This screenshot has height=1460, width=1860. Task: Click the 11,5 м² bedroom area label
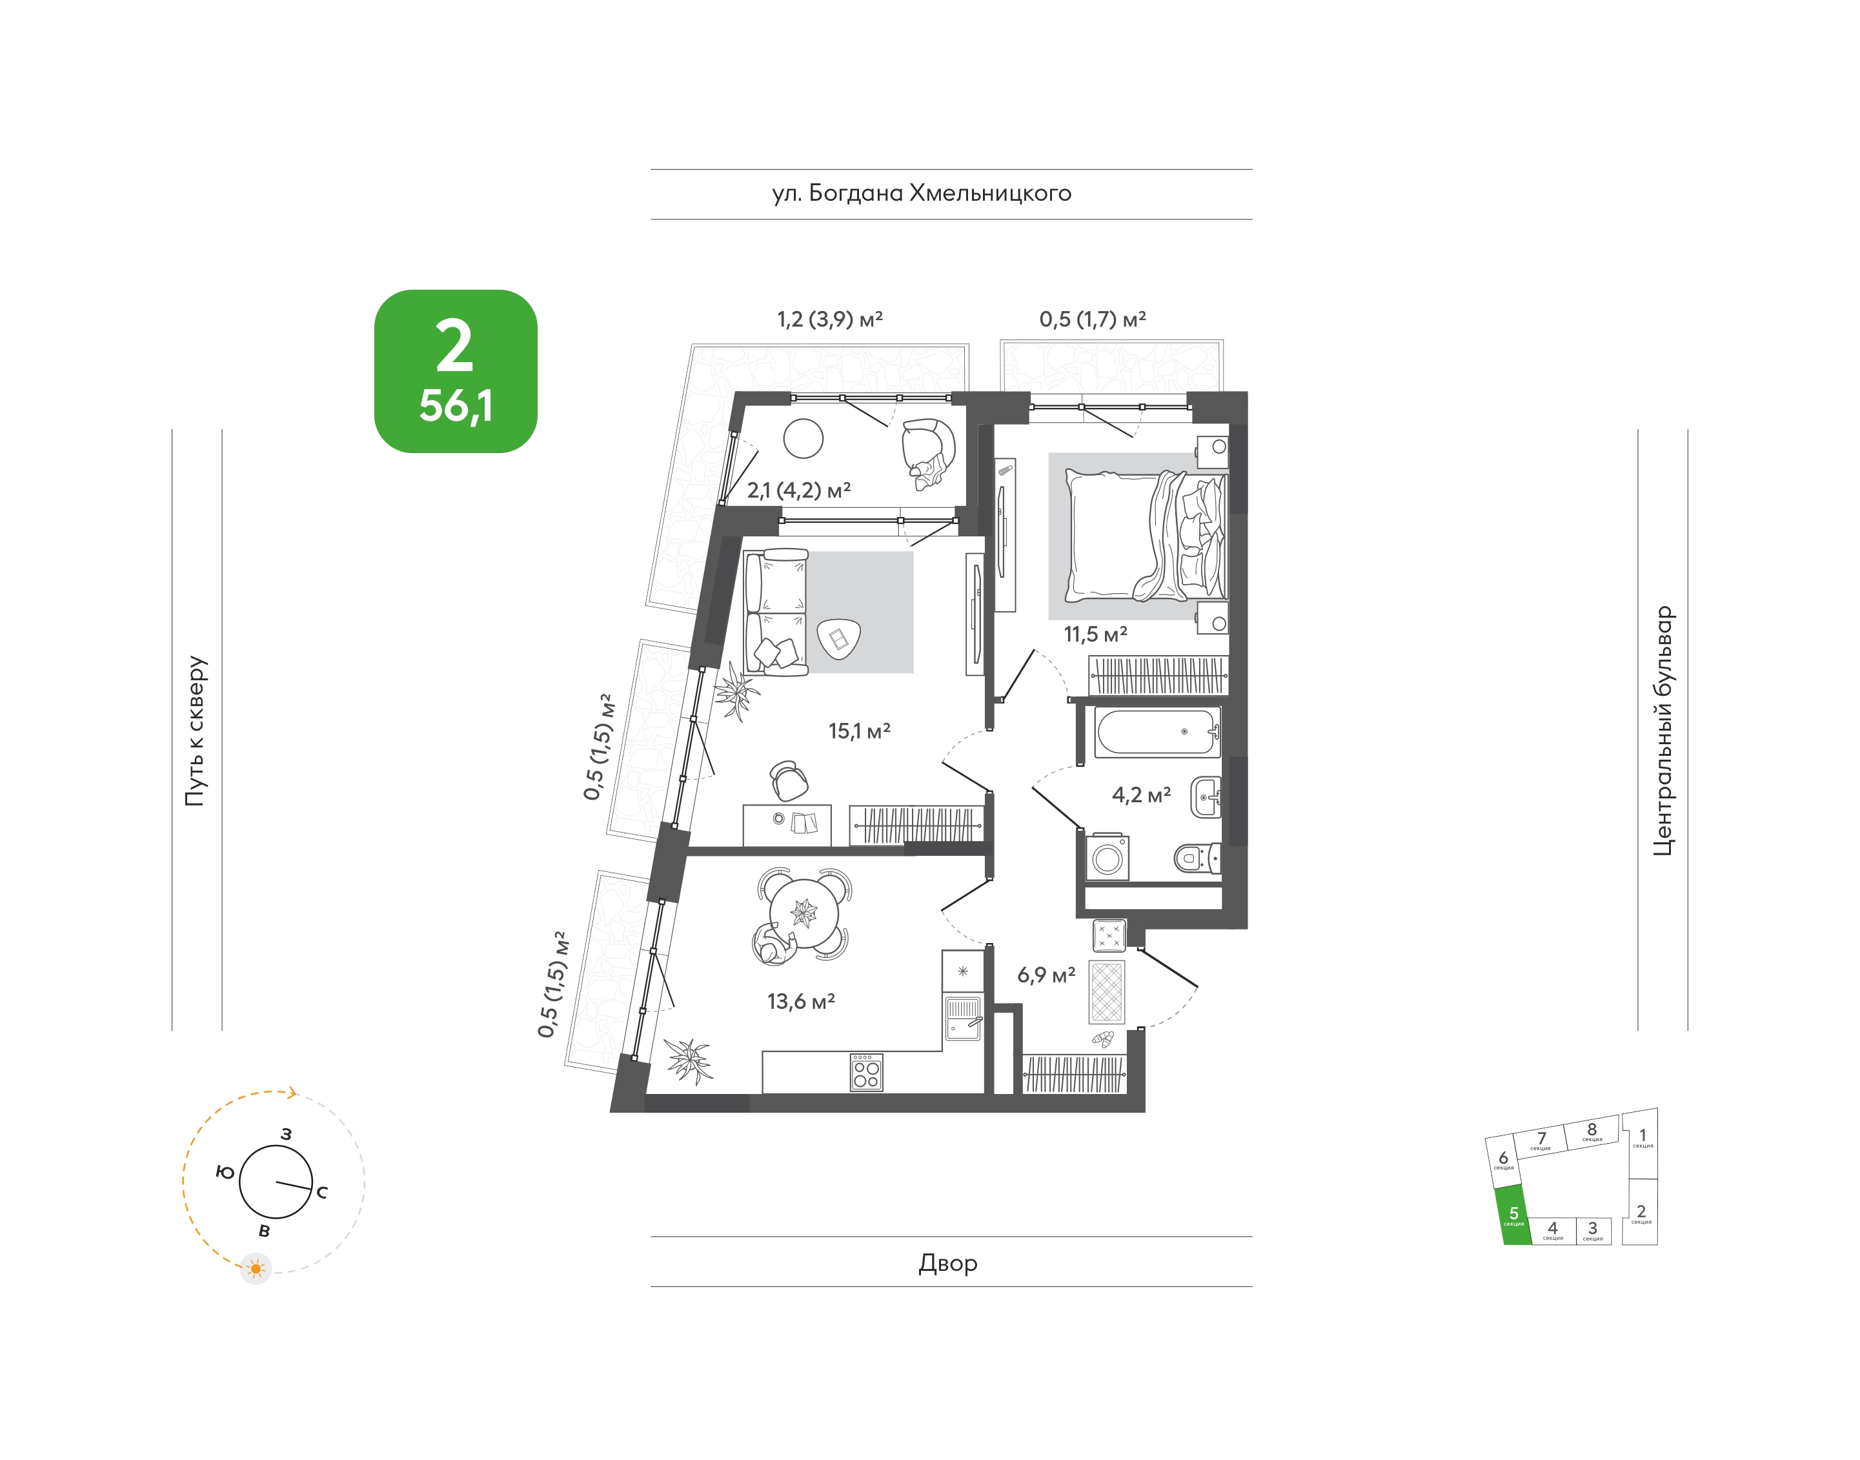[x=1095, y=634]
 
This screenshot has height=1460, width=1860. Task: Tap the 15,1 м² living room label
[x=859, y=731]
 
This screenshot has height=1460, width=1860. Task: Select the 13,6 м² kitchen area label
[x=801, y=1001]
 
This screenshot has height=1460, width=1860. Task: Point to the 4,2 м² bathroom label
[x=1141, y=795]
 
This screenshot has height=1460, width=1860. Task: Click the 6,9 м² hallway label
[x=1046, y=975]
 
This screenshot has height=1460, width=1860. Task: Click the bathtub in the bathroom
[x=1157, y=732]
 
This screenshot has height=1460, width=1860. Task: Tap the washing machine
[x=1107, y=857]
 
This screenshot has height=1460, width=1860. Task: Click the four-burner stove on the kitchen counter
[x=866, y=1072]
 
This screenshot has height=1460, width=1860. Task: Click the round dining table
[x=804, y=913]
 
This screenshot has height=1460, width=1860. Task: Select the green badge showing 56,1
[x=456, y=371]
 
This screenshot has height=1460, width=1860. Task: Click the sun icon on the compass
[x=256, y=1268]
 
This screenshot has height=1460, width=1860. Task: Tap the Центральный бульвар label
[x=1663, y=731]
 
